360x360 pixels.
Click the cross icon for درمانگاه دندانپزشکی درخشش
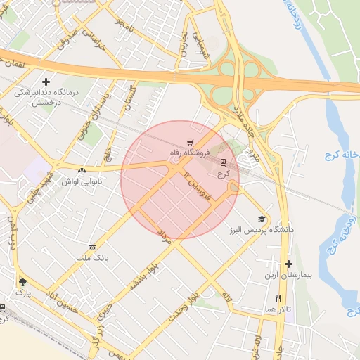pos(46,82)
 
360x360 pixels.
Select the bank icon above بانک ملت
pos(92,248)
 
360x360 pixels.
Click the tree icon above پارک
pos(22,279)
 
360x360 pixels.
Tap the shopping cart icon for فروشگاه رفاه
pos(189,142)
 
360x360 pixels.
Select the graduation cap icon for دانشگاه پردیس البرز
pos(262,219)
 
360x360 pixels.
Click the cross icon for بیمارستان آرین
pos(288,264)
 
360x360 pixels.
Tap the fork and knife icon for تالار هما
pos(279,298)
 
